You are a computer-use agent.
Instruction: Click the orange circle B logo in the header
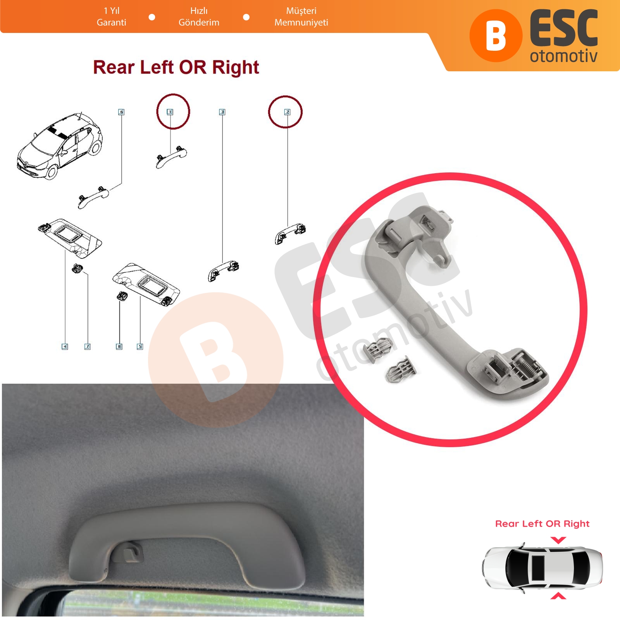point(496,36)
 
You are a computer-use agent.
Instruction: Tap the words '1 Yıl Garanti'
point(111,17)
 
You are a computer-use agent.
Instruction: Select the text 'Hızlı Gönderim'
point(199,17)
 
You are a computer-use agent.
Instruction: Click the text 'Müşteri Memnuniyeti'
point(301,17)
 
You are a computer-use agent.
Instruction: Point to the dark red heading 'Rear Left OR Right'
point(176,67)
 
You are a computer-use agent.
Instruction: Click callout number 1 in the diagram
point(170,112)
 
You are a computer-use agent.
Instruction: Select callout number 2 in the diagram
point(287,112)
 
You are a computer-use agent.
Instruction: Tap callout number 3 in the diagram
point(222,112)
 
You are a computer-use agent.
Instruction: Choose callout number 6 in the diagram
point(121,112)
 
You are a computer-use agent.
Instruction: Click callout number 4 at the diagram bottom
point(65,346)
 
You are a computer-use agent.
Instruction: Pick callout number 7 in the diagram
point(88,346)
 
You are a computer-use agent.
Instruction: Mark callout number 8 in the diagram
point(119,346)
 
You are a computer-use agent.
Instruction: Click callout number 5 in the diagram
point(140,346)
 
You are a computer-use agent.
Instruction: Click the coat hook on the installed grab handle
point(130,552)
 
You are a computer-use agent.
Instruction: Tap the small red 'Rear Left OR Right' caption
point(542,524)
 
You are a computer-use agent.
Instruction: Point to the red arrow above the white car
point(558,540)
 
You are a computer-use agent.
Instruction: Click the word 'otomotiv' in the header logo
point(563,56)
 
